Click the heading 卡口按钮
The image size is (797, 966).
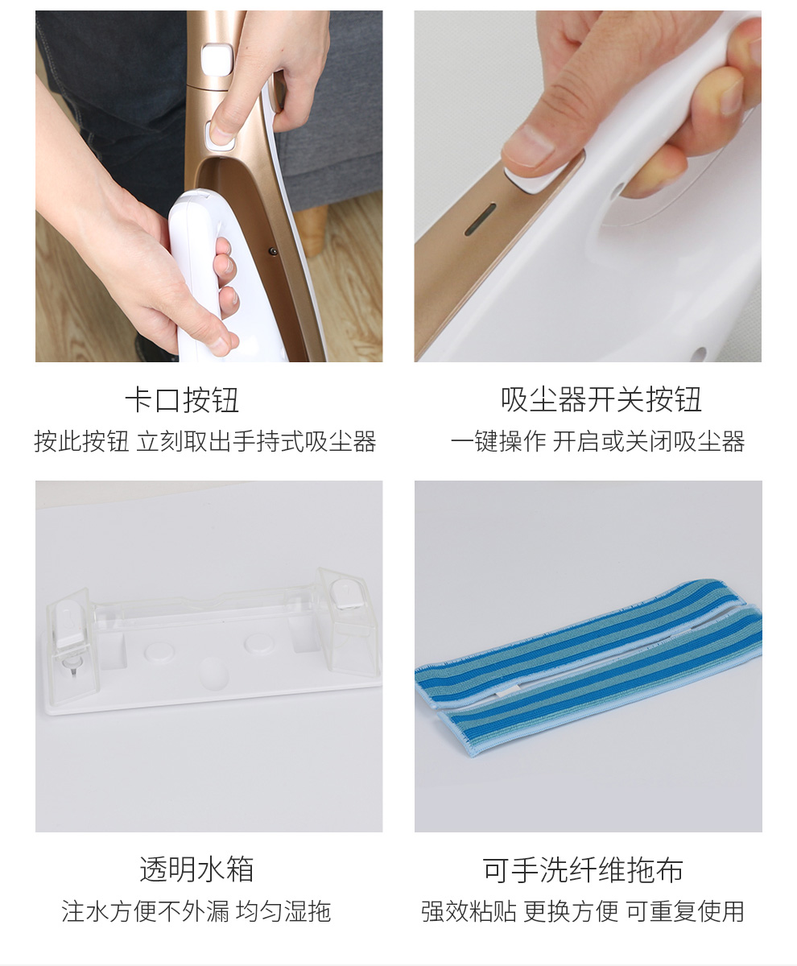(182, 400)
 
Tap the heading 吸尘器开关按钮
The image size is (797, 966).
(601, 400)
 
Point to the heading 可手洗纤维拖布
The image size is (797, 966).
(583, 869)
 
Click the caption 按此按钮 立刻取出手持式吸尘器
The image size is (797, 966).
(205, 441)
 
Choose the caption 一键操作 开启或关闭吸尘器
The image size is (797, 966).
(597, 441)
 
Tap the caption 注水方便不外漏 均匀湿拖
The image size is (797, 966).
(196, 911)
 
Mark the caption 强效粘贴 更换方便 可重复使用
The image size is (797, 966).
(582, 911)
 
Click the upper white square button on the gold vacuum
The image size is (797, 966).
(217, 60)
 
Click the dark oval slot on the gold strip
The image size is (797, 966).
(481, 219)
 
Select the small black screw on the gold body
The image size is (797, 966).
(273, 251)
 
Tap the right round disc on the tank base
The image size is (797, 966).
(258, 643)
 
